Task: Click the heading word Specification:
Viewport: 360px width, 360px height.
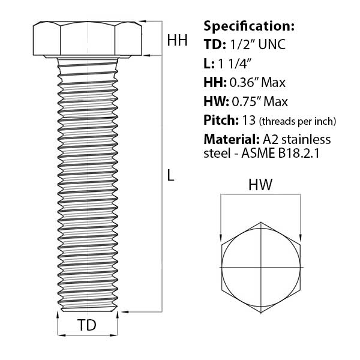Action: tap(249, 26)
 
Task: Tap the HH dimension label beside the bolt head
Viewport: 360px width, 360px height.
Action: tap(177, 41)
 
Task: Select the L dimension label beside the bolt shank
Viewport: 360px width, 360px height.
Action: tap(171, 176)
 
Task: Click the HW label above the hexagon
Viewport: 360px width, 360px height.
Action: tap(261, 186)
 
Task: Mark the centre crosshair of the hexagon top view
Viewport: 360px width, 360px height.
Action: tap(262, 266)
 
